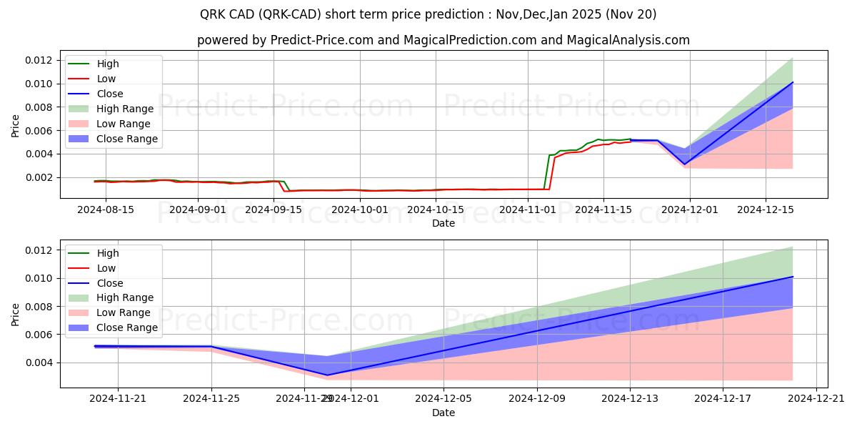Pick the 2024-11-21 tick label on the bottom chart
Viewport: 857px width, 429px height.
coord(119,398)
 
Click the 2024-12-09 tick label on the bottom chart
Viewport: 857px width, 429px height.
coord(537,398)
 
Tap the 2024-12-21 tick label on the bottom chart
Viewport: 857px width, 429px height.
coord(816,398)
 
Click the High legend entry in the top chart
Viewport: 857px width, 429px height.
coord(108,64)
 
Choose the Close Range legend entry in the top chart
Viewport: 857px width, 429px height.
coord(127,139)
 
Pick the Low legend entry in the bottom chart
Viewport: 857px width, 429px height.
coord(106,268)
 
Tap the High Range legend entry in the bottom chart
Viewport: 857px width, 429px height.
coord(125,297)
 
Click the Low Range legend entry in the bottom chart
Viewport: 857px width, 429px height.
coord(124,312)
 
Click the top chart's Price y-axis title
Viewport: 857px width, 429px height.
coord(16,126)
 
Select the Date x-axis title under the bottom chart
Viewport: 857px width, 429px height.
coord(443,413)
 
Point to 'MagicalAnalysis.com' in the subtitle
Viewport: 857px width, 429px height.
coord(628,40)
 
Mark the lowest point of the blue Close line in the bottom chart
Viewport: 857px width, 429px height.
coord(328,375)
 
